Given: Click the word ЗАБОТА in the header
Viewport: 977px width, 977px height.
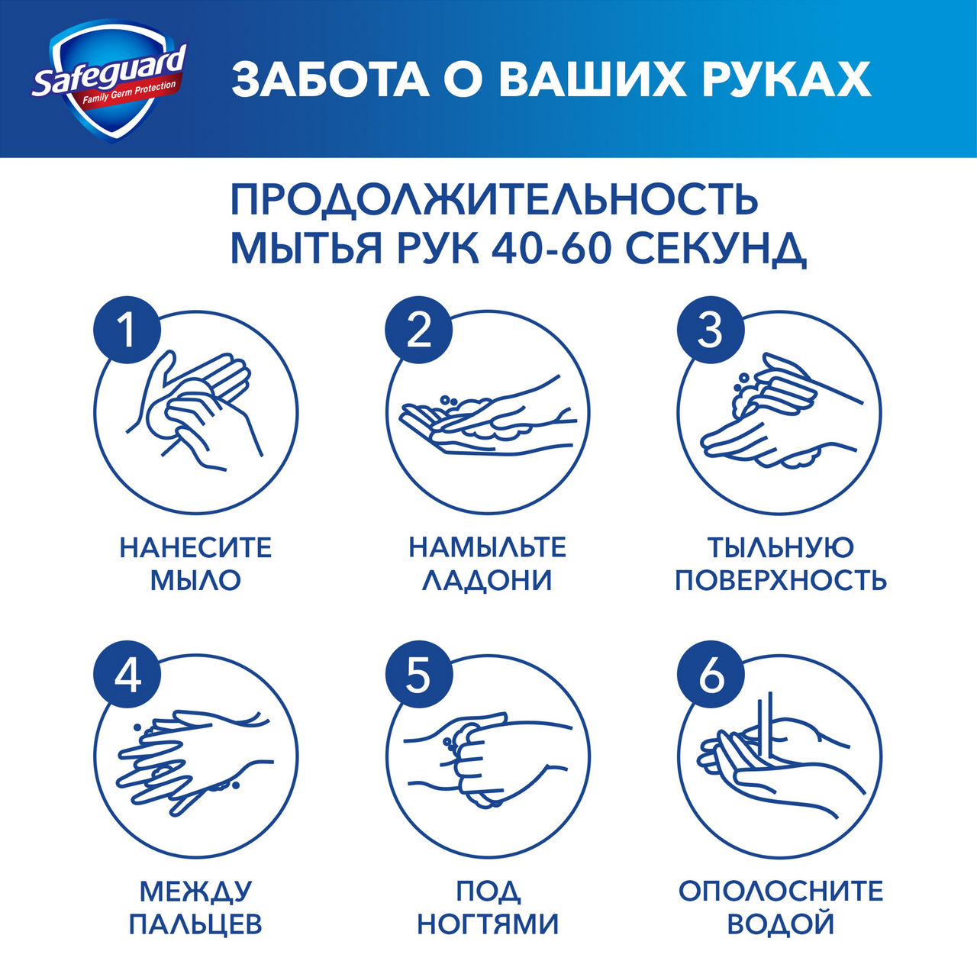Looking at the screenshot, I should [330, 79].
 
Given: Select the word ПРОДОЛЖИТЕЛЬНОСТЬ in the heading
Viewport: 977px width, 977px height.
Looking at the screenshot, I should [495, 200].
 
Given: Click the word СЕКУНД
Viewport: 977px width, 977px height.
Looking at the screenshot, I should [715, 247].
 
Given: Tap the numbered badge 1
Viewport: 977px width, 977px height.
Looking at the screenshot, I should [127, 331].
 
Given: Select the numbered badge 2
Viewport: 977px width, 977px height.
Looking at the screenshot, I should [418, 331].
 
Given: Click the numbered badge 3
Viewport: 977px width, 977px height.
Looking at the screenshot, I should [710, 331].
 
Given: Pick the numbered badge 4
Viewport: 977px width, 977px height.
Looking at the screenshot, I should [127, 675].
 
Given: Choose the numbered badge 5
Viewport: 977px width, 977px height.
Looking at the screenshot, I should [418, 675].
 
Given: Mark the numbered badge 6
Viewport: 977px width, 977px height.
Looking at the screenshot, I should [710, 675].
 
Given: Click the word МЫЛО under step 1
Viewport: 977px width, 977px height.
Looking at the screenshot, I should [195, 580].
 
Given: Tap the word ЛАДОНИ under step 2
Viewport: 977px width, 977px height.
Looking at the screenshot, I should [487, 580].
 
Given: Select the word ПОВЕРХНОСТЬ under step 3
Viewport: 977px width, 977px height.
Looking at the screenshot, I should [780, 580].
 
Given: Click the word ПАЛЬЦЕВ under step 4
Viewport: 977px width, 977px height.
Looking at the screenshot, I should [195, 924].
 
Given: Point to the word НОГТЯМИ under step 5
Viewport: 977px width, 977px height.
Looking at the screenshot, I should [487, 924].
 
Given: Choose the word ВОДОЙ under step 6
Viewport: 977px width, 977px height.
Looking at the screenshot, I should [780, 924].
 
